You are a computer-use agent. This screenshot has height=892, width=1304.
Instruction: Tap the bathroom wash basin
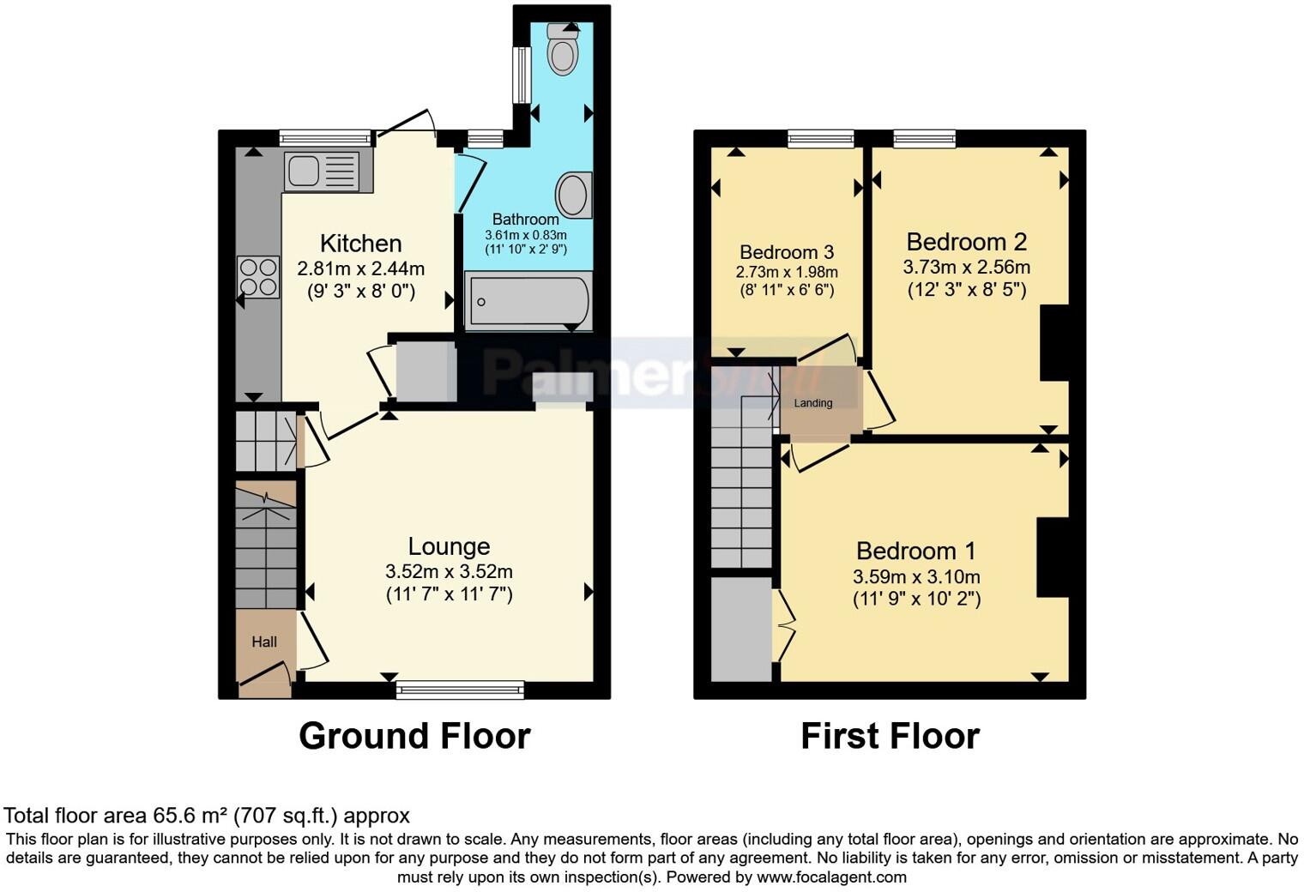coord(573,195)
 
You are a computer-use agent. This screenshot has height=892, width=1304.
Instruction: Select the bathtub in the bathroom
coord(528,301)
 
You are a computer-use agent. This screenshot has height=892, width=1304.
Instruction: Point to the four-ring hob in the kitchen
coord(258,277)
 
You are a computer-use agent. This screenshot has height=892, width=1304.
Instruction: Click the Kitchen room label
coord(360,244)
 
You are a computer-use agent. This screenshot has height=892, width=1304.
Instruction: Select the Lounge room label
coord(449,546)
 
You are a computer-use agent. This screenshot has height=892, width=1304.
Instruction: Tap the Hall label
coord(264,642)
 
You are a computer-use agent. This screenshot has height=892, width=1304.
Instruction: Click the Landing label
coord(812,403)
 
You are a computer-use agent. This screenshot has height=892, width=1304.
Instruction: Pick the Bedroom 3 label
coord(787,252)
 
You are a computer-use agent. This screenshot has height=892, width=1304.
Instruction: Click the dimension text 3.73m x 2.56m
coord(967,268)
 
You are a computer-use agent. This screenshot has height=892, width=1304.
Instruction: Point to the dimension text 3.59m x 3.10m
coord(916,576)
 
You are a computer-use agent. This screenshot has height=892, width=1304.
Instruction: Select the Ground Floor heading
coord(414,736)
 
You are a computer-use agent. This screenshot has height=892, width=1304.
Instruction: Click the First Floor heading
coord(890,736)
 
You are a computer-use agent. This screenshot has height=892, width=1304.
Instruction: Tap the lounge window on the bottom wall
coord(460,689)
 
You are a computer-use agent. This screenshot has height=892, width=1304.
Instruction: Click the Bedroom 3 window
coord(821,138)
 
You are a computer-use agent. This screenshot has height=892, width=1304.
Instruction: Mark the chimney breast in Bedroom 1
coord(1053,557)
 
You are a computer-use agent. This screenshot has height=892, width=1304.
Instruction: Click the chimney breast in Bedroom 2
coord(1054,342)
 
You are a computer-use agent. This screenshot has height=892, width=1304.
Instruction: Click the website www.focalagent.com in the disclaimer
coord(831,877)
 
